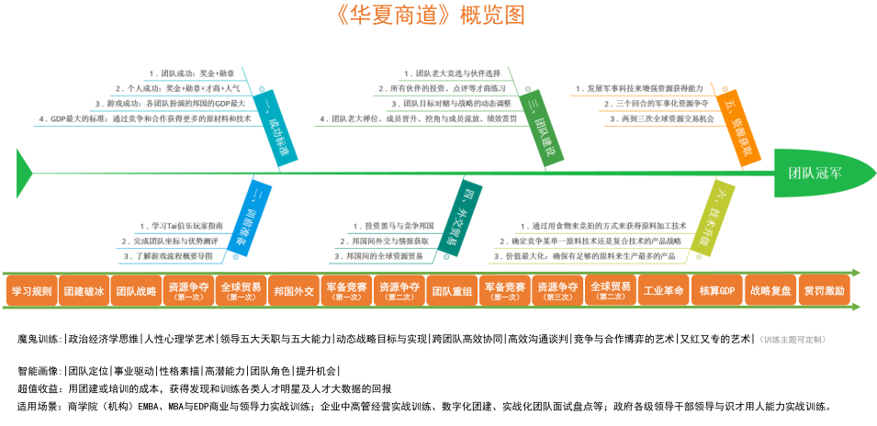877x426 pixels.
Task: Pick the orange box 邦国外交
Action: (294, 291)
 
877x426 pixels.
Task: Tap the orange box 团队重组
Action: (452, 291)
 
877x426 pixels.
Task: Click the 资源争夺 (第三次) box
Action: (557, 291)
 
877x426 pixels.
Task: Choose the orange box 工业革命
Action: (664, 291)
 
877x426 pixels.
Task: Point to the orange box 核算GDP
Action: (716, 291)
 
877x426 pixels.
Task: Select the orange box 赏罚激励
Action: (823, 291)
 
